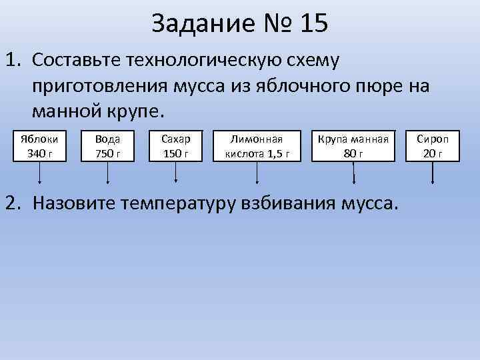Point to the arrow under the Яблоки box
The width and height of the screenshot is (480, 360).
40,173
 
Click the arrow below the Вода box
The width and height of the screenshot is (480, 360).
109,173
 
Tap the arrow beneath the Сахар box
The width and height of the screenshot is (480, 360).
176,173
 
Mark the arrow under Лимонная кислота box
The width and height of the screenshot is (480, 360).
257,173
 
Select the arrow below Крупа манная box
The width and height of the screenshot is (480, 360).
353,173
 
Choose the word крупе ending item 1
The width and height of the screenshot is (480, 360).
135,110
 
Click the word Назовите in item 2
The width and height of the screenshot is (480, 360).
73,201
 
